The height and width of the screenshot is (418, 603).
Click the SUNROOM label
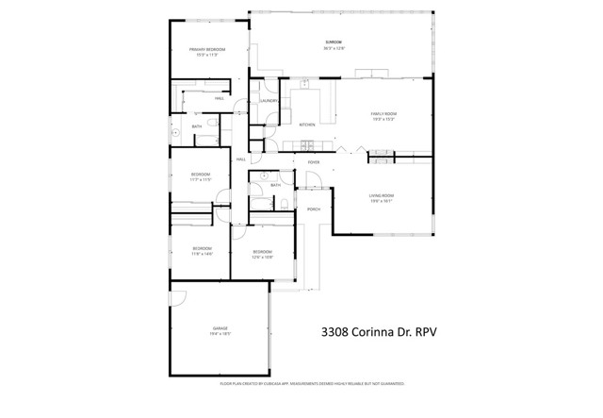tap(334, 42)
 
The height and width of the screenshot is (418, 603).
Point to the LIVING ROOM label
tap(381, 195)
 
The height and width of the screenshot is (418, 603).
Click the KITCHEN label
tap(307, 125)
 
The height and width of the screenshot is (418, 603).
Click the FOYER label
tap(314, 162)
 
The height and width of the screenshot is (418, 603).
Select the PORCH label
tap(314, 209)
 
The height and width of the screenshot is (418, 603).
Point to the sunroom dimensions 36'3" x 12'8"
tap(334, 48)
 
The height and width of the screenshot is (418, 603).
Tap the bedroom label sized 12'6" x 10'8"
tap(262, 253)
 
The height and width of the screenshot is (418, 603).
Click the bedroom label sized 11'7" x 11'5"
tap(201, 176)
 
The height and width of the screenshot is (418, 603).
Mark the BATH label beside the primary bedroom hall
tap(197, 126)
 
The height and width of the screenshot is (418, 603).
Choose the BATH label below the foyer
tap(276, 185)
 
